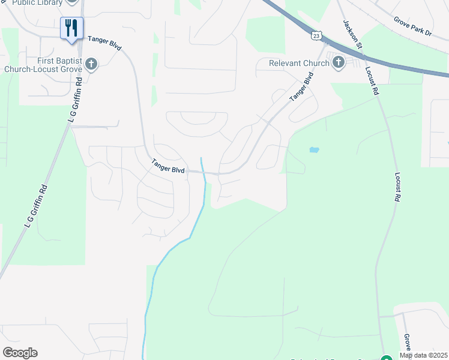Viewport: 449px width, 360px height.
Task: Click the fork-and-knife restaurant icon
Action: tap(71, 28)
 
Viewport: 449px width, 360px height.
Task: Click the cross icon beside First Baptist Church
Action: tap(91, 64)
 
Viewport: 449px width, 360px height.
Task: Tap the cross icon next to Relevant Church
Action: tap(338, 62)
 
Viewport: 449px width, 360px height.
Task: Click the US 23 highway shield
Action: tap(316, 37)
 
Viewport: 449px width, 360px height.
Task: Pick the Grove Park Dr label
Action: tap(413, 26)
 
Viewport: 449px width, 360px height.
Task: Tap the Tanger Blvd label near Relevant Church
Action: tap(302, 86)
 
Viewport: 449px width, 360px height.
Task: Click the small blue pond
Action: tap(314, 149)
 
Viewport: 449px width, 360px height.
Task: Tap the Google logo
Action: tap(20, 353)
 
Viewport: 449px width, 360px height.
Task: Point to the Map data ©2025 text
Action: tap(424, 355)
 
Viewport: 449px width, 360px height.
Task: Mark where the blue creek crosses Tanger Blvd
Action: tap(203, 172)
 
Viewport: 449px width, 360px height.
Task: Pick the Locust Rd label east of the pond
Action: tap(397, 187)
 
